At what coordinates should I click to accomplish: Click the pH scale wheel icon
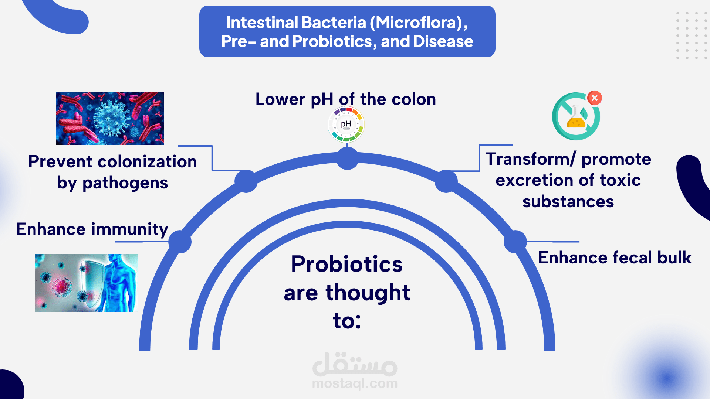346,125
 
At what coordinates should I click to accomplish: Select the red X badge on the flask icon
595,98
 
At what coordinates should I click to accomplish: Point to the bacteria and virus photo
110,118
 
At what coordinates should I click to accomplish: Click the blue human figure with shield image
87,283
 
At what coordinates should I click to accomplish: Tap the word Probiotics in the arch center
347,265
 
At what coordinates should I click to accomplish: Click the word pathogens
125,183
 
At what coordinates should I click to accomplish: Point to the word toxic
620,180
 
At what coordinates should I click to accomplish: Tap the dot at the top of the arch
347,158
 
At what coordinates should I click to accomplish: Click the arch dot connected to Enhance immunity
180,242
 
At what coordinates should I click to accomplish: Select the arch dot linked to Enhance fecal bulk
515,242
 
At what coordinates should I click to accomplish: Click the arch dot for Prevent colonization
246,181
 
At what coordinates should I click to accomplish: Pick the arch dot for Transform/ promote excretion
446,181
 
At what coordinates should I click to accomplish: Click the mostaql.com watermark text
355,384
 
